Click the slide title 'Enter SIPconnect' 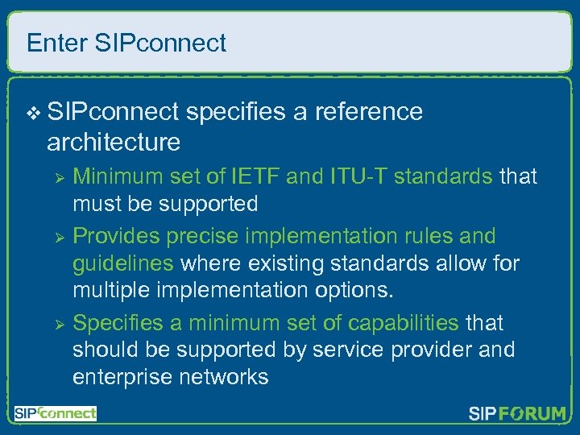point(126,43)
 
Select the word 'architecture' point(114,142)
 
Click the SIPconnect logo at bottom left point(56,413)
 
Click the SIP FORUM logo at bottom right point(517,414)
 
